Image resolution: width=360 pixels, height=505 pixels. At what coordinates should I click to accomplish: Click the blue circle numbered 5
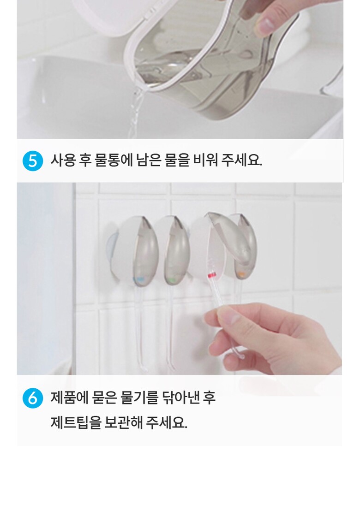tap(33, 160)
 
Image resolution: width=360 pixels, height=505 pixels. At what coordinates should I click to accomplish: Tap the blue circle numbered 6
tap(33, 398)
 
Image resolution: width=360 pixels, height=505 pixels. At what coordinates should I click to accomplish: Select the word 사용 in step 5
tap(63, 160)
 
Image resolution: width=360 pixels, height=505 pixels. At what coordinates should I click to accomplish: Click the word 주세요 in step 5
tap(242, 160)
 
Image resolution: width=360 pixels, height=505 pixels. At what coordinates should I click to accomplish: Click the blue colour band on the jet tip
tap(139, 279)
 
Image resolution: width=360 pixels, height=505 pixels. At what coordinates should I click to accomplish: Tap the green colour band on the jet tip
tap(172, 280)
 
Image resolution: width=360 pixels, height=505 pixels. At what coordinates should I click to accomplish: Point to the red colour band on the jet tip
tap(212, 275)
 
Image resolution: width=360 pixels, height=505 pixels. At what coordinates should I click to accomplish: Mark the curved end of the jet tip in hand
tap(239, 354)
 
